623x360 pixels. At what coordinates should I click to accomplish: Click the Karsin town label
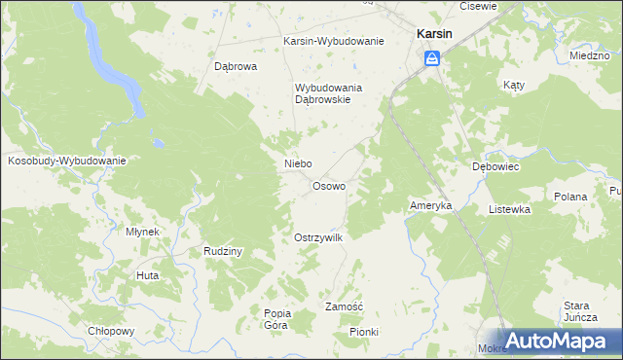433,33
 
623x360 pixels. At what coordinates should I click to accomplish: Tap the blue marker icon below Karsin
432,59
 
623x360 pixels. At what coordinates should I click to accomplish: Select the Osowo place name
328,186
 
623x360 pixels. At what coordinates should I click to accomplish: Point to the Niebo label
297,164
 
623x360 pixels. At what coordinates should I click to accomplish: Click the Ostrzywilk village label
318,238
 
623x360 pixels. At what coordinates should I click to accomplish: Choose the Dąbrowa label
235,67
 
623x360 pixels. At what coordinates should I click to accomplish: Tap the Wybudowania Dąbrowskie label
329,93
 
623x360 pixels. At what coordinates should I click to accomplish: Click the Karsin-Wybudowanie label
334,41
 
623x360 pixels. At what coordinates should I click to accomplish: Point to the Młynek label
142,232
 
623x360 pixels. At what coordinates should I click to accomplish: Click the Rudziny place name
223,251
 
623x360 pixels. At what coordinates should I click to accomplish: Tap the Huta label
148,275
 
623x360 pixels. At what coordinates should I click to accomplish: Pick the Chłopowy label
110,331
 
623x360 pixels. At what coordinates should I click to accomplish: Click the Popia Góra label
276,319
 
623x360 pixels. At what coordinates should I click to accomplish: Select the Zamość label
344,306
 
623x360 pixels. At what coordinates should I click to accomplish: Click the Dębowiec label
495,166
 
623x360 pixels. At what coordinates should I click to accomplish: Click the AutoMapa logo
556,340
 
